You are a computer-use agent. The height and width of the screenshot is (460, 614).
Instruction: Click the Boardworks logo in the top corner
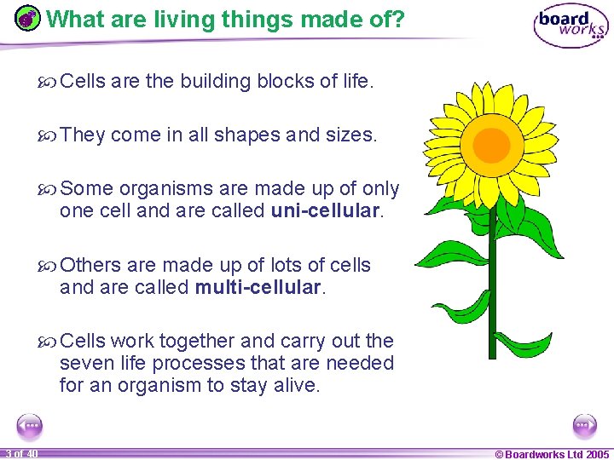tap(571, 26)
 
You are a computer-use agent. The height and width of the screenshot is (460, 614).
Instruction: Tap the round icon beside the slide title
tap(28, 19)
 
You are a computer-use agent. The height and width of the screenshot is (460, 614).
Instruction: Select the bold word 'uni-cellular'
tap(325, 210)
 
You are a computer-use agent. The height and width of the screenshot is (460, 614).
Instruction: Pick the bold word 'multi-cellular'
tap(258, 288)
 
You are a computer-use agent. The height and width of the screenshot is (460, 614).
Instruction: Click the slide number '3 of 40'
tap(20, 454)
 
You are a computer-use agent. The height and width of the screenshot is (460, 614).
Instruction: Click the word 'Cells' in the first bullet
tap(84, 82)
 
